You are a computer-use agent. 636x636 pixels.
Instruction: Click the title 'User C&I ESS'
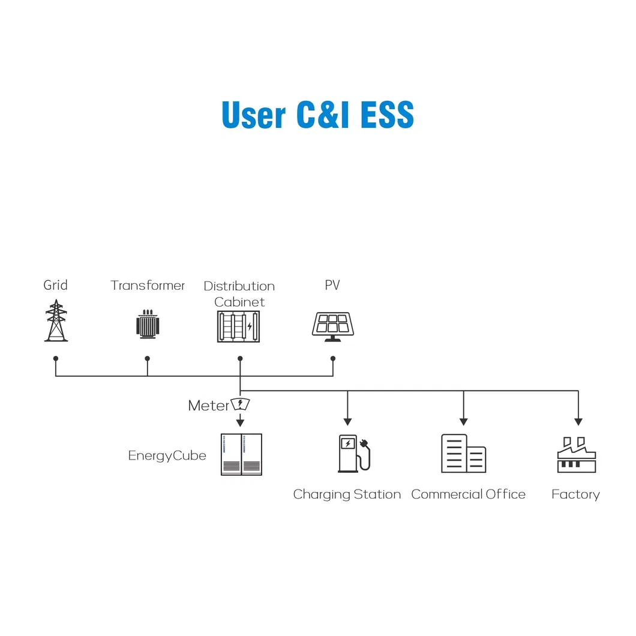click(317, 115)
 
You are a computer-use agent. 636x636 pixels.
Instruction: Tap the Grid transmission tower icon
click(56, 320)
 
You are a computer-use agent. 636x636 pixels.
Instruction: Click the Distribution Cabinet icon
click(239, 326)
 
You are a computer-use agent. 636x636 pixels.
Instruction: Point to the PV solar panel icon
click(332, 327)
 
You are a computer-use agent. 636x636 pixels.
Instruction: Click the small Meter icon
click(240, 404)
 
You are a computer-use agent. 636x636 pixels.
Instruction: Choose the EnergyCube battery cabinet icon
click(241, 454)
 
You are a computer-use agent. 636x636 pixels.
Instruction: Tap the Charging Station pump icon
click(354, 454)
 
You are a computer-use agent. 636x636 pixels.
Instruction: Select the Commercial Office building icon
click(464, 454)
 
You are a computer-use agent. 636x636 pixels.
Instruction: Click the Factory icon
click(577, 455)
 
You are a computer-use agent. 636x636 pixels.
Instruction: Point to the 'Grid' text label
click(56, 285)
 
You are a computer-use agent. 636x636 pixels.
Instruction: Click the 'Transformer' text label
click(148, 285)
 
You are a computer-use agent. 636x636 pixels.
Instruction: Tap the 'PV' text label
click(332, 285)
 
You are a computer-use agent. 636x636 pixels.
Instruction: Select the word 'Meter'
click(208, 405)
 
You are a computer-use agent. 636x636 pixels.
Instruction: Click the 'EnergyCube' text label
click(167, 455)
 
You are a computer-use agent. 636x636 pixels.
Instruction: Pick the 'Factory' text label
click(575, 494)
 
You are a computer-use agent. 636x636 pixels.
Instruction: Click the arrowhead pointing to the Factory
click(578, 422)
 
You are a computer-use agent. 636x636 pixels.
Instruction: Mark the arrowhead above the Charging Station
click(347, 422)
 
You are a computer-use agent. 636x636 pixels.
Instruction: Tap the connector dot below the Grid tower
click(56, 359)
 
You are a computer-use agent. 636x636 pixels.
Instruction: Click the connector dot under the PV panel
click(333, 359)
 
